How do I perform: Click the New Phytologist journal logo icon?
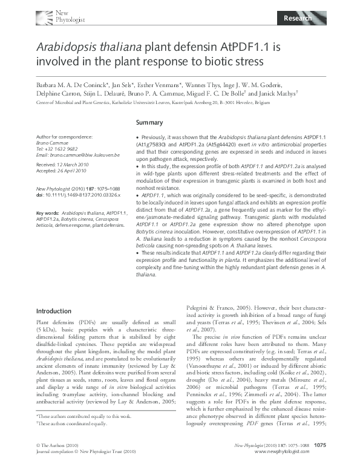click(44, 16)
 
